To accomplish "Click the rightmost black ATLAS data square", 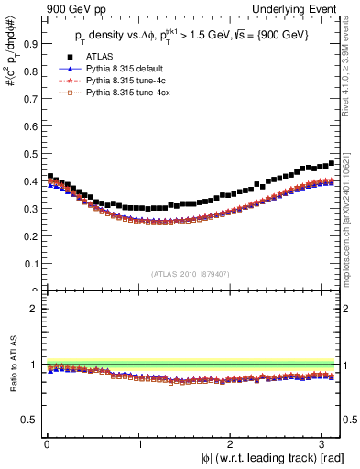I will (332, 163).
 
